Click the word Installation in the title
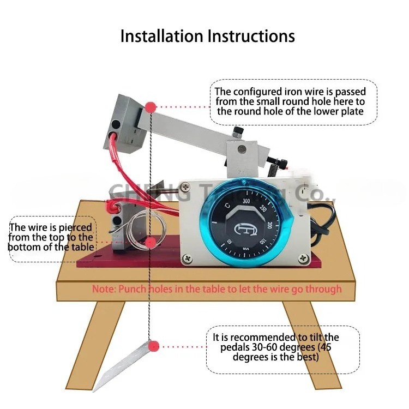161,36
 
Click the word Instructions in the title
251,36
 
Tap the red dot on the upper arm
151,107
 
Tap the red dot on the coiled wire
150,242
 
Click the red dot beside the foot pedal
153,346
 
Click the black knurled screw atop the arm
238,131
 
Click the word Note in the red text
102,289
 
